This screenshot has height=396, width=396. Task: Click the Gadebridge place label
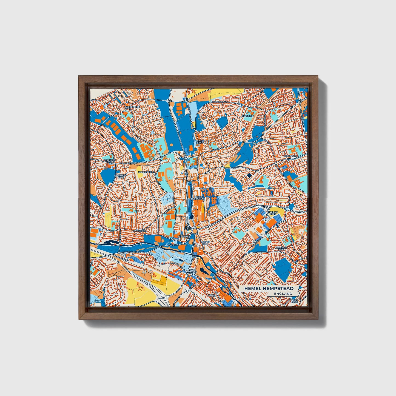coord(132,107)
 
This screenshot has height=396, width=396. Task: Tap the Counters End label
coord(121,176)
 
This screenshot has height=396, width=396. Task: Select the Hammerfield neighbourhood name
coord(146,172)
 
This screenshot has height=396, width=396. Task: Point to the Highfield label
coord(248,116)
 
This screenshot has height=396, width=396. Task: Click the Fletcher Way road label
coord(220,102)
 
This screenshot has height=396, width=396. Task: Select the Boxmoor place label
coord(139,231)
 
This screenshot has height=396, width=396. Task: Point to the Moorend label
coord(183,236)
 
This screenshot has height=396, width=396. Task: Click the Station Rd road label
coord(173,245)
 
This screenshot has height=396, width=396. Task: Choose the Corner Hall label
coord(205,243)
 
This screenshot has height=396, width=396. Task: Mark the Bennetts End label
coord(281,249)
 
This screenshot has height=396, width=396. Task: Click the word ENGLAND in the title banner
coord(283,294)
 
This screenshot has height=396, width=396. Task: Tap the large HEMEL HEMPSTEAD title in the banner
coord(269,288)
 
